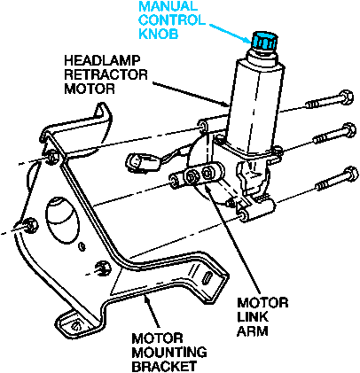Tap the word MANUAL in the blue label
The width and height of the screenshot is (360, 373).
click(x=168, y=6)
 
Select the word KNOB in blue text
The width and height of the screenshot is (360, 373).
click(x=159, y=34)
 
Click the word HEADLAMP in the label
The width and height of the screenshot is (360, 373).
click(x=101, y=61)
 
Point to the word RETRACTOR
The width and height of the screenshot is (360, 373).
click(x=106, y=74)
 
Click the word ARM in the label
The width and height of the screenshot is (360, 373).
click(x=253, y=330)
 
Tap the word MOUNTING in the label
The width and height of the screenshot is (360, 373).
click(x=169, y=353)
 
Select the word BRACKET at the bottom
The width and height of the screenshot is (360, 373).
click(x=164, y=367)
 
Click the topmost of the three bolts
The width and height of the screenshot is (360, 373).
click(x=329, y=100)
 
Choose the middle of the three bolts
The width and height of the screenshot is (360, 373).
click(x=334, y=133)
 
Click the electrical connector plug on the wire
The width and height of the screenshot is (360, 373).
click(x=137, y=161)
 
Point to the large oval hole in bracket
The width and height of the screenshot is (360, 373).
click(x=62, y=220)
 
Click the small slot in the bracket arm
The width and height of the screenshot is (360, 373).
click(x=207, y=278)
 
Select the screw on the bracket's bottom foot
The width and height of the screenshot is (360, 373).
click(x=76, y=327)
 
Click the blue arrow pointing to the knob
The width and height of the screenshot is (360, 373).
click(x=231, y=34)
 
